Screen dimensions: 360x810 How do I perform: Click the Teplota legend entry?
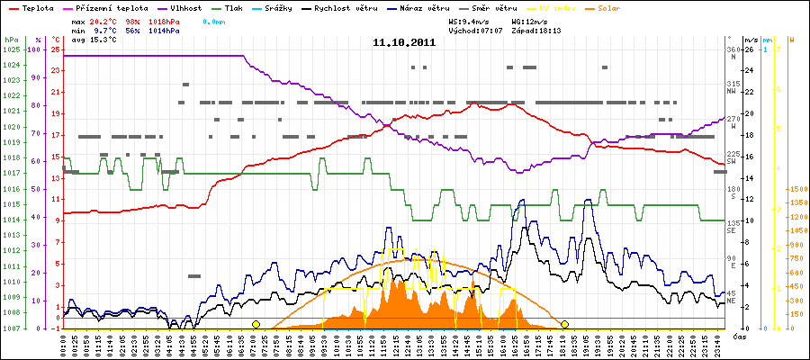tap(37, 7)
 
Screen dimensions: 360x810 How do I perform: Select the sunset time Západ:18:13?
tap(539, 30)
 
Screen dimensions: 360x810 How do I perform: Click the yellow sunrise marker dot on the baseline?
tap(256, 324)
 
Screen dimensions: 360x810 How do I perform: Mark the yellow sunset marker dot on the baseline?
tap(564, 324)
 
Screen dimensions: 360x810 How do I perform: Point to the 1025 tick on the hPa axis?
tap(11, 49)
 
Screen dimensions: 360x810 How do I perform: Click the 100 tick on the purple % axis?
tap(36, 49)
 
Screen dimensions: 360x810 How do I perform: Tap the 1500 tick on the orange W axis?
tap(796, 189)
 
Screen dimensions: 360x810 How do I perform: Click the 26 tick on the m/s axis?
tap(751, 49)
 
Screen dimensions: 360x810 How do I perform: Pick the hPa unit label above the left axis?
tap(11, 40)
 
